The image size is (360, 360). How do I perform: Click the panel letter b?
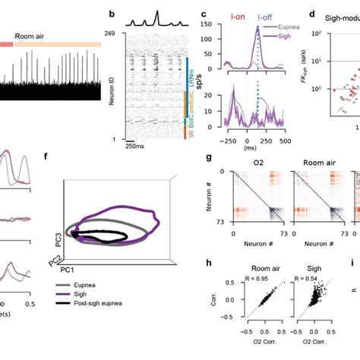pyautogui.click(x=112, y=14)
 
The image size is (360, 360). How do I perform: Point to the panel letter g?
pyautogui.click(x=209, y=158)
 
